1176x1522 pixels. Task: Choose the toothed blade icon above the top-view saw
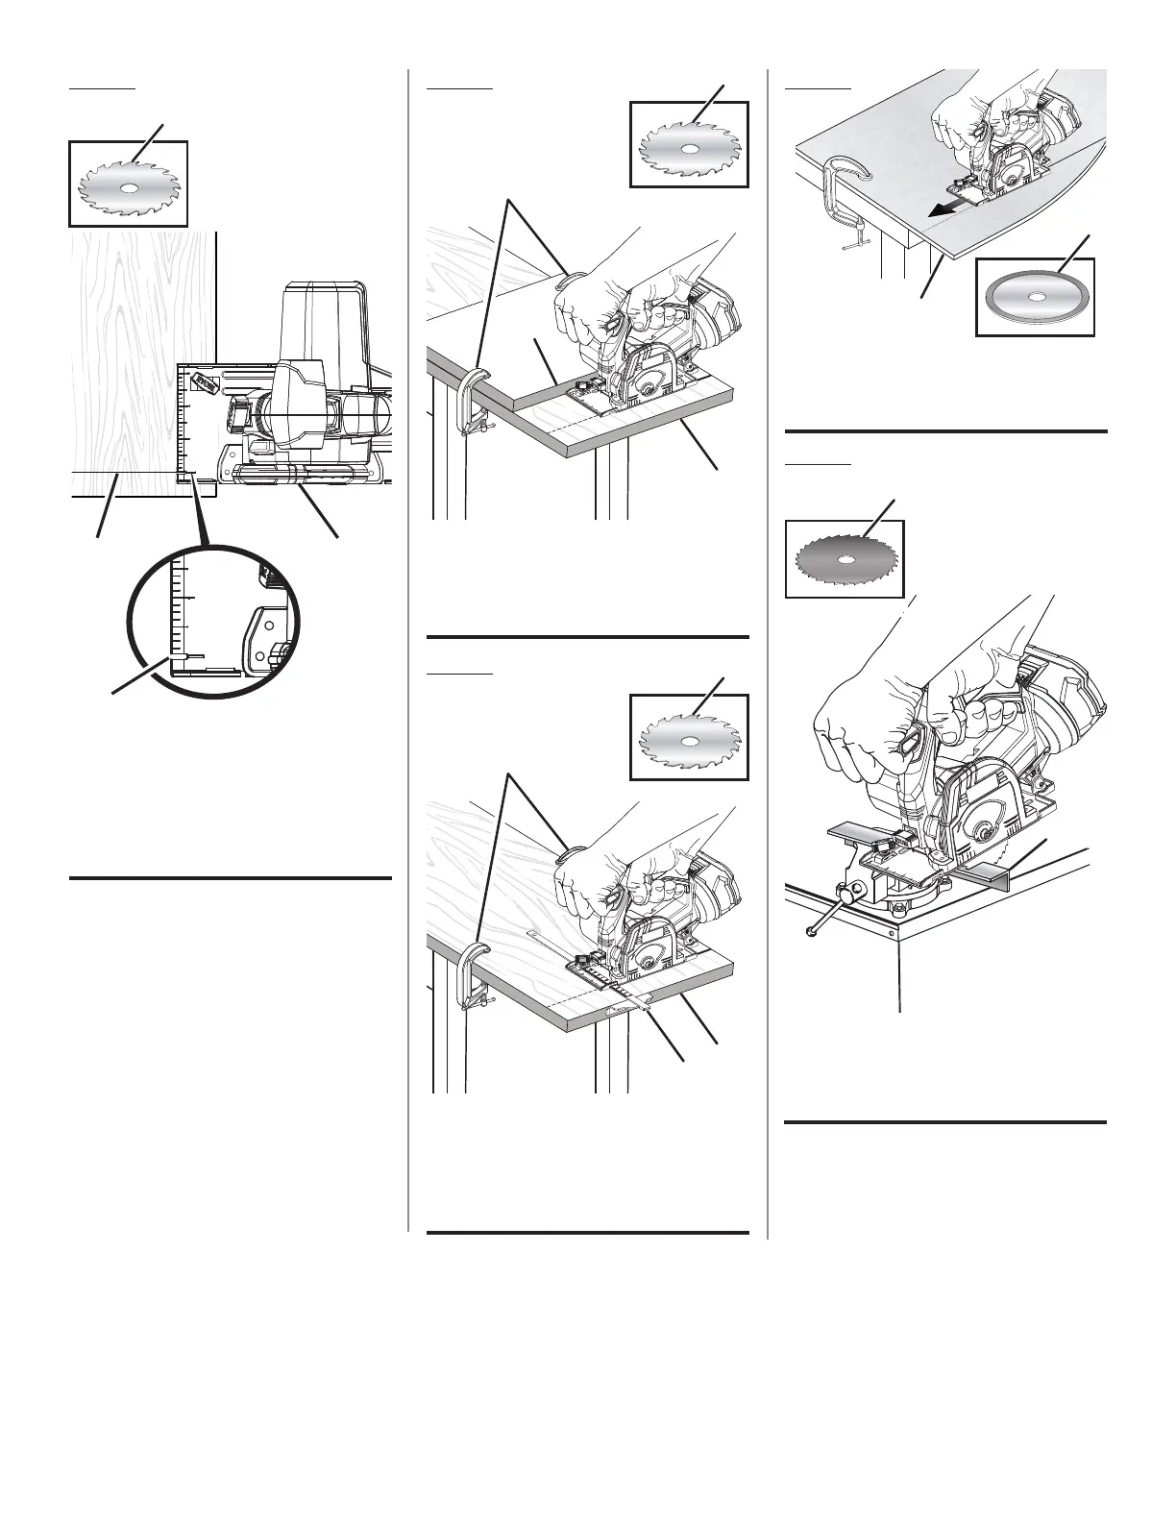[x=128, y=184]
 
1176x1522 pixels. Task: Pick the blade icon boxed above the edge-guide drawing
[x=689, y=737]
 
